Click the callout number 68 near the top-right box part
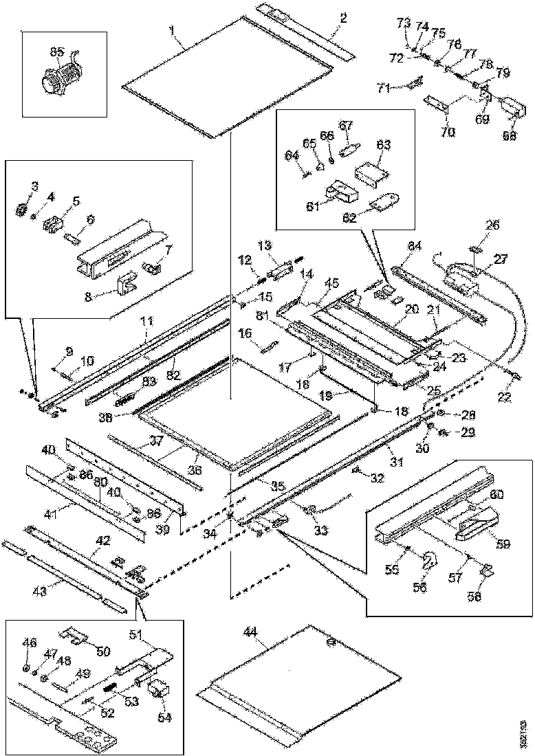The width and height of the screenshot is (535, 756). [508, 135]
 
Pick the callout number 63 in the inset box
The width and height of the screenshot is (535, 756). [383, 145]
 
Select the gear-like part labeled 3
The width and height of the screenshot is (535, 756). [20, 208]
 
